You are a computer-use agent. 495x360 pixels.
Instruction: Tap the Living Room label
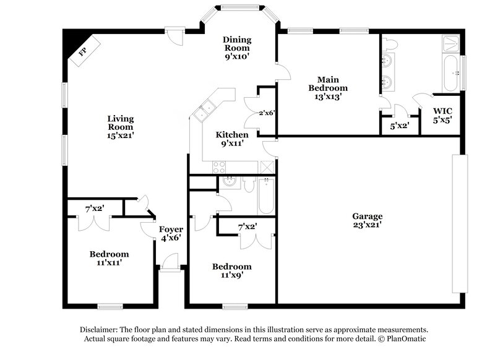click(x=121, y=126)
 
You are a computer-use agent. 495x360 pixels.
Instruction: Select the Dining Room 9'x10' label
click(x=237, y=48)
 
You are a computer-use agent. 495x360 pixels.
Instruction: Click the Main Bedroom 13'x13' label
click(x=328, y=88)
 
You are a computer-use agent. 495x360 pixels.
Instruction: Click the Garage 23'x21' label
click(x=368, y=221)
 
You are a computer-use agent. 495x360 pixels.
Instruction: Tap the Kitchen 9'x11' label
click(x=232, y=139)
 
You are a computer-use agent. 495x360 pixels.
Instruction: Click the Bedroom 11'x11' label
click(x=109, y=258)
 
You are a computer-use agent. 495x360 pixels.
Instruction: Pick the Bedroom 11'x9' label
click(x=232, y=271)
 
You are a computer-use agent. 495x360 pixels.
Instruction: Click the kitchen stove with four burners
click(x=220, y=166)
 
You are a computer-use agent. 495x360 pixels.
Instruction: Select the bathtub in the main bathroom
click(x=450, y=72)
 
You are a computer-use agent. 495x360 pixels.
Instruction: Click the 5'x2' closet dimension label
click(x=400, y=127)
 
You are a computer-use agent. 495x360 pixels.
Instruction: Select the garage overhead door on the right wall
click(x=457, y=223)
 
